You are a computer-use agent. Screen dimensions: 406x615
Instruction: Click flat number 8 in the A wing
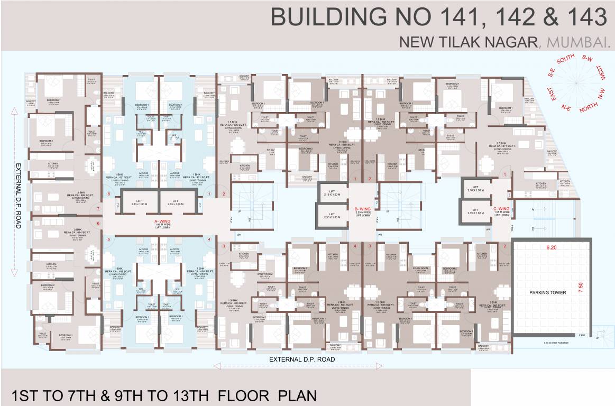108,195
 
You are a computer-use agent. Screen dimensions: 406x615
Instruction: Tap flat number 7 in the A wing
98,209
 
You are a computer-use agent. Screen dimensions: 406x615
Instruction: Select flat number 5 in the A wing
108,239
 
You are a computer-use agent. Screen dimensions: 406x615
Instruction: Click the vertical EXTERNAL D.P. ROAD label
17,193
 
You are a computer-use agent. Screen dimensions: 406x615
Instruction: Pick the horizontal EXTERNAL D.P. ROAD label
302,359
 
